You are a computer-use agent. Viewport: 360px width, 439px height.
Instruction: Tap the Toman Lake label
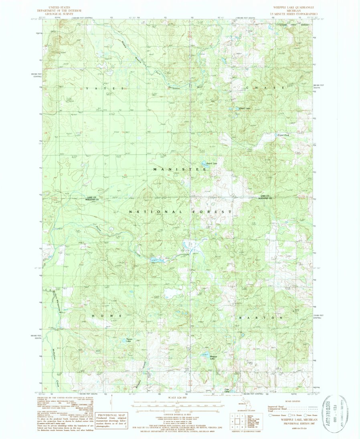point(129,340)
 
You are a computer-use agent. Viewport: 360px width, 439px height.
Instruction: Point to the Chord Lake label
point(244,108)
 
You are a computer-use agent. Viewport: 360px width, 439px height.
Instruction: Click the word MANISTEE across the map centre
point(180,170)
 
